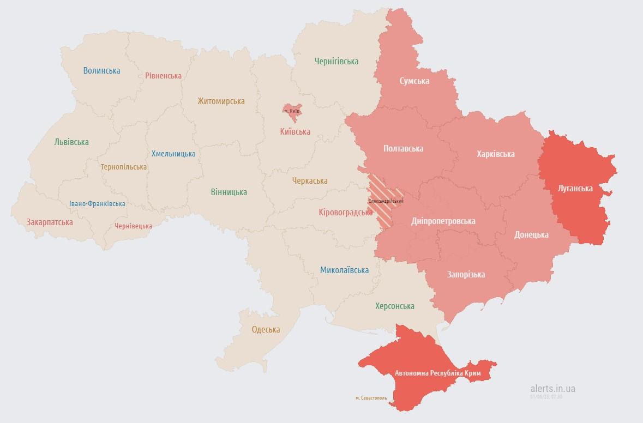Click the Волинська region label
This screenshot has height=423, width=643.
tap(101, 70)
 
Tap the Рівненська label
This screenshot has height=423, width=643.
tap(163, 76)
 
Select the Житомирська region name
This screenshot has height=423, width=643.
tap(221, 101)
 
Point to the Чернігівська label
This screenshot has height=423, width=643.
tap(336, 61)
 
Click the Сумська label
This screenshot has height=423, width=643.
tap(414, 81)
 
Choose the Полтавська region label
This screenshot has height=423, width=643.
tap(403, 148)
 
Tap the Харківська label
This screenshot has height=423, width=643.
tap(495, 154)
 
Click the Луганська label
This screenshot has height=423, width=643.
tap(575, 188)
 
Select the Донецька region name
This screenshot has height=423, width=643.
tap(531, 234)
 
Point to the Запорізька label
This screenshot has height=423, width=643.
tap(466, 274)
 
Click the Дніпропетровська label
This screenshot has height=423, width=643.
tap(443, 221)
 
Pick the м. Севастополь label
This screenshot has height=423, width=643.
tap(371, 398)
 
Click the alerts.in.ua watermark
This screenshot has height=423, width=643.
tap(552, 388)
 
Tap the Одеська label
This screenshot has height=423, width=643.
tap(266, 329)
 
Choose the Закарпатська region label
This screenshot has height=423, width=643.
tap(50, 222)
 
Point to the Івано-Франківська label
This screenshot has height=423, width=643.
tap(97, 203)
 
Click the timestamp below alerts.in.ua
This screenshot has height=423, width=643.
tap(546, 396)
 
